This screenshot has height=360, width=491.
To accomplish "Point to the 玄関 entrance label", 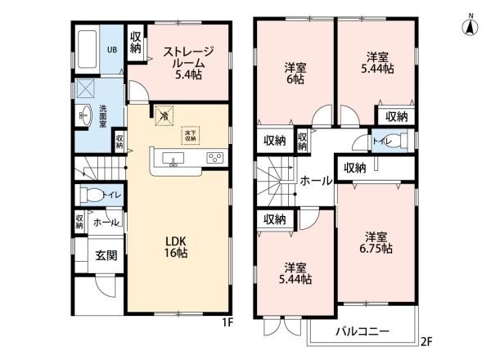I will (x=105, y=255).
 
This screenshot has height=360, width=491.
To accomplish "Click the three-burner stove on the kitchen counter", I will (x=214, y=158).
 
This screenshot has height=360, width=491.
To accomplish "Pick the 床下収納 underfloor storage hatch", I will (x=211, y=134).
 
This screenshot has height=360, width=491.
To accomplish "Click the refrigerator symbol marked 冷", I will (x=164, y=117).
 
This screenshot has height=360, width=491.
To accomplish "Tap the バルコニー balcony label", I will (x=363, y=331).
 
